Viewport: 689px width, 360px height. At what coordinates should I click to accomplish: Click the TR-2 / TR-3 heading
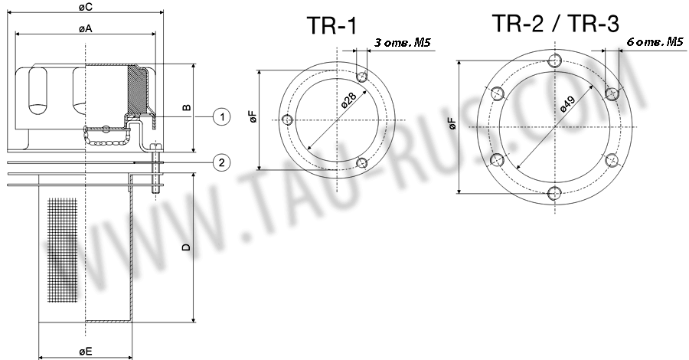click(555, 24)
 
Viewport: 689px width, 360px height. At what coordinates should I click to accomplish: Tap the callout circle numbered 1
click(220, 117)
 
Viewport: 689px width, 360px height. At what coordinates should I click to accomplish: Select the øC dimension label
click(87, 7)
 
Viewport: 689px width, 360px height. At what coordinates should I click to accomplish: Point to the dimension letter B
click(186, 108)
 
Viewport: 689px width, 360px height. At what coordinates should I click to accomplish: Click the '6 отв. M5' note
click(655, 42)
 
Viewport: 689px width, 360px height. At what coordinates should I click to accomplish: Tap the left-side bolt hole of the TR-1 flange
click(288, 120)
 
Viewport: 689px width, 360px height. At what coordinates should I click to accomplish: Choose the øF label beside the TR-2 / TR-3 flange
click(452, 124)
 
